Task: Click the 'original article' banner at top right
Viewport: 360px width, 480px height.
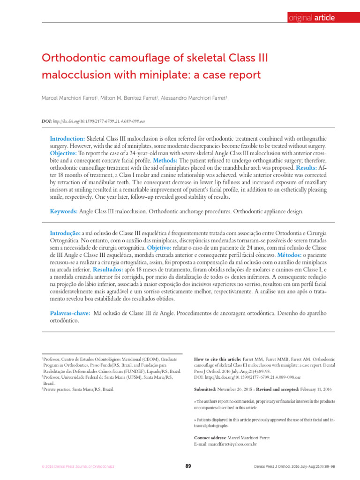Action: pos(311,18)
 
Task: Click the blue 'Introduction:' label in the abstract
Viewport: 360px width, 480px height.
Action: pos(67,140)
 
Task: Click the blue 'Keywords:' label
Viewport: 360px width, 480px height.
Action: pos(64,211)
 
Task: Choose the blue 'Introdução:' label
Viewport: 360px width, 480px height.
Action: pos(66,233)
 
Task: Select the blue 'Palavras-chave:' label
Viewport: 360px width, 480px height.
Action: pos(70,312)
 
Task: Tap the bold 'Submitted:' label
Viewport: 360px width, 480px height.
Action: pos(205,390)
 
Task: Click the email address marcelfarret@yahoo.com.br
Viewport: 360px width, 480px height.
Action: pos(232,443)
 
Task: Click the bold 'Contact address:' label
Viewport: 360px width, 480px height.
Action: pos(210,437)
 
